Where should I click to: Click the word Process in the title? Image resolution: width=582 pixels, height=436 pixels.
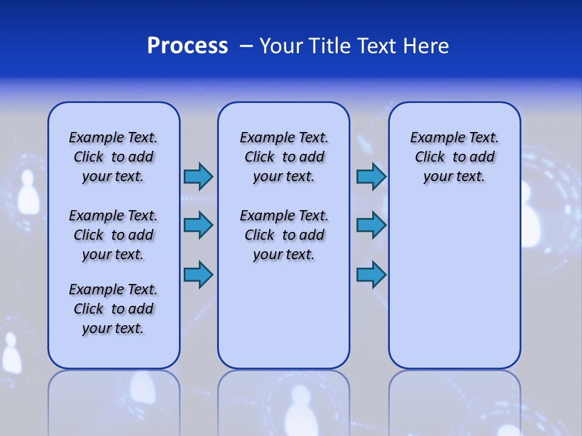point(187,46)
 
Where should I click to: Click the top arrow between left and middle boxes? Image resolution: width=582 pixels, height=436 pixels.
point(198,176)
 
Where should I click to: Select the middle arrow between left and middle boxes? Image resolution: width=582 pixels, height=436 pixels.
point(198,225)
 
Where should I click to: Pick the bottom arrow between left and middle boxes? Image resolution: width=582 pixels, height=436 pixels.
point(198,274)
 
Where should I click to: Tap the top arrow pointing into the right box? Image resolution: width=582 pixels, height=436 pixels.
point(371,176)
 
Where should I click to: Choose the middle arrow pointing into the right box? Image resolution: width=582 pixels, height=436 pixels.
point(371,225)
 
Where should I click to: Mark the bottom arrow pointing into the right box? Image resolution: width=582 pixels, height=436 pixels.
point(371,274)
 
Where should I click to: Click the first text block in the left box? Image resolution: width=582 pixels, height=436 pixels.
point(113,157)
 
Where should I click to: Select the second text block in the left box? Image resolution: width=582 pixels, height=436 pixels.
point(113,235)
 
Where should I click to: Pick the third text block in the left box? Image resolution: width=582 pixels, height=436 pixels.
point(113,309)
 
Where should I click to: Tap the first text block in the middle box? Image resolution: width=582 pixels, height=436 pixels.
point(284,157)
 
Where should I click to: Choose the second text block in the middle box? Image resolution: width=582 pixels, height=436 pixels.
point(284,235)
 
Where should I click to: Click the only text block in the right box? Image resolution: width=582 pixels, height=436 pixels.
point(454,157)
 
